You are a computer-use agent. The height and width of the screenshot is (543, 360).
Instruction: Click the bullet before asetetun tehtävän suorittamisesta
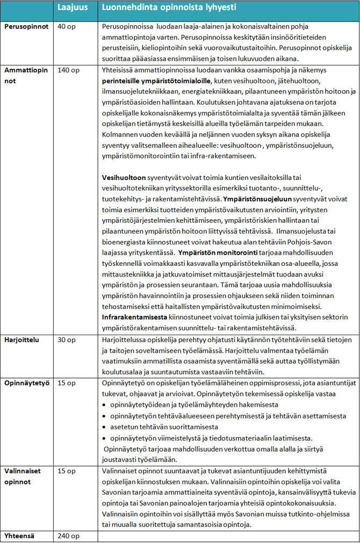tap(105, 428)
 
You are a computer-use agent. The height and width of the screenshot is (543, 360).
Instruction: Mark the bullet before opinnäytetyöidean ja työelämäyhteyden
tap(105, 404)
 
